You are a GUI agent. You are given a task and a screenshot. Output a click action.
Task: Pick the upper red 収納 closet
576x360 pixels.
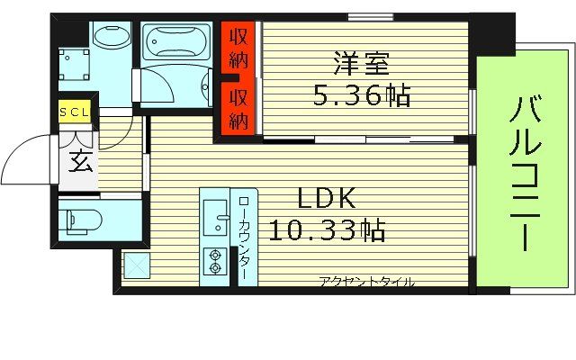coord(238,49)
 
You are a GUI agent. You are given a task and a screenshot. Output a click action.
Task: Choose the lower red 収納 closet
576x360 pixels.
coord(238,109)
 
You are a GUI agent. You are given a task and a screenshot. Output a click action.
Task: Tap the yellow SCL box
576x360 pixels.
coord(74,112)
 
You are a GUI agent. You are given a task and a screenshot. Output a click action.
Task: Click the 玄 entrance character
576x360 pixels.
coord(78,165)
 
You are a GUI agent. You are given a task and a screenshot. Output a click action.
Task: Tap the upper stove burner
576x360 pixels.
coord(216,254)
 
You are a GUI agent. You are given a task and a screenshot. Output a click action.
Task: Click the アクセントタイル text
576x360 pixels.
coord(366,282)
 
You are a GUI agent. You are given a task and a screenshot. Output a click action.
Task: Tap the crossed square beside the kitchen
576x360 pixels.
coord(136,266)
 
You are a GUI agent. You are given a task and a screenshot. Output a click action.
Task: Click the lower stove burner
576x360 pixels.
coord(216,267)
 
